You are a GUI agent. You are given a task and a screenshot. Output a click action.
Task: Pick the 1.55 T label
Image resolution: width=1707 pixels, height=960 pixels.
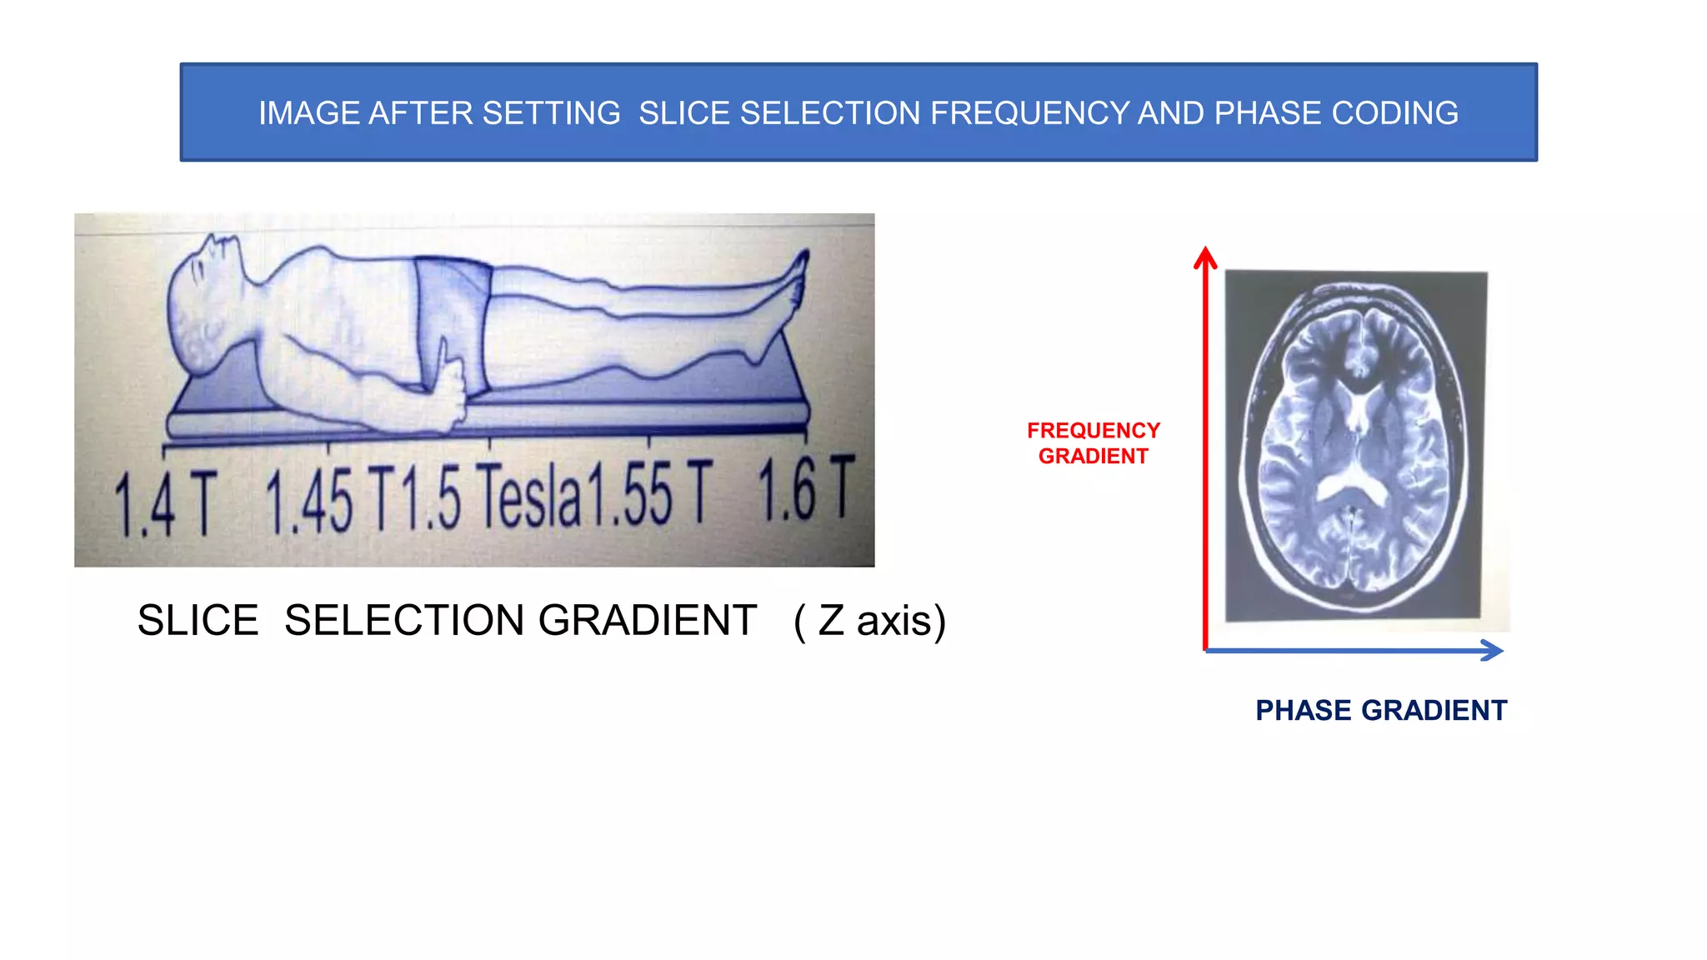click(x=651, y=493)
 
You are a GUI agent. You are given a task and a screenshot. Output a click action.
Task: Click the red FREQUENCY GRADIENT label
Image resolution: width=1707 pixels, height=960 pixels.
click(x=1094, y=443)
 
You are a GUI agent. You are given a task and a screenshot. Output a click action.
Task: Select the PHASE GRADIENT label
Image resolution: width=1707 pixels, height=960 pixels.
click(x=1381, y=711)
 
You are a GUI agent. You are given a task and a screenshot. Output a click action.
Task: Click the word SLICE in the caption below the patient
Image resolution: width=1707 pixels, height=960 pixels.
click(x=198, y=621)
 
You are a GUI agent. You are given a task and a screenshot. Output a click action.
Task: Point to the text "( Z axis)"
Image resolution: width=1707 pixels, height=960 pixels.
click(x=869, y=621)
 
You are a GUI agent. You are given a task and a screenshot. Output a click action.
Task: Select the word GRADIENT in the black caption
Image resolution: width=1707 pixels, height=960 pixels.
click(x=647, y=621)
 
